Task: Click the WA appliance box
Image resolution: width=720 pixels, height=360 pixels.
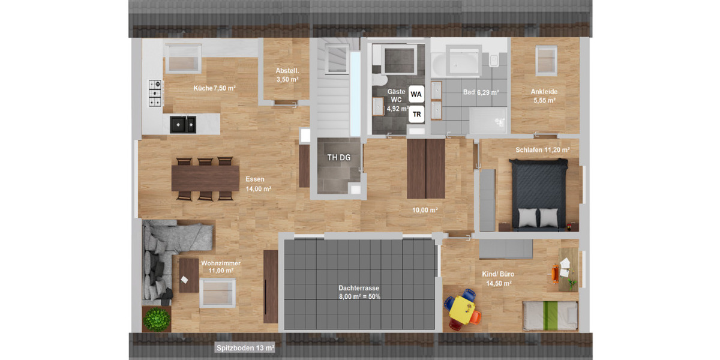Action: (416, 94)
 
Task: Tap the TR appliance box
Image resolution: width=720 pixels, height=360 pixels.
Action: (416, 113)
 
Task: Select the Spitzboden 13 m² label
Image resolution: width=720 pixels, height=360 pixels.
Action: (245, 347)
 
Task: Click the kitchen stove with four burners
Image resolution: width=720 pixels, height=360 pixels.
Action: (156, 94)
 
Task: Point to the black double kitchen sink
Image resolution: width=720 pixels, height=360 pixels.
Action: (183, 124)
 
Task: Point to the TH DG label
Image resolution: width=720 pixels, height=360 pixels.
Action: (338, 158)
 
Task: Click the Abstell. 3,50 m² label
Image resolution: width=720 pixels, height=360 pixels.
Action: (287, 74)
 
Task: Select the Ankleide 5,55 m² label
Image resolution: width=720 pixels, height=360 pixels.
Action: (544, 96)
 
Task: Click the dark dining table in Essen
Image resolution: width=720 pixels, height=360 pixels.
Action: (205, 178)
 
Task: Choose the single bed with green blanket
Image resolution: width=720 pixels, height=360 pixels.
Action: (550, 316)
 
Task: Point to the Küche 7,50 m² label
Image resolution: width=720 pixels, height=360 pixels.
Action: (214, 88)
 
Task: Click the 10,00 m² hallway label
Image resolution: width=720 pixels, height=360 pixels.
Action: (425, 210)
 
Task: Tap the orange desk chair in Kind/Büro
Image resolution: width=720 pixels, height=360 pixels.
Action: (556, 274)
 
